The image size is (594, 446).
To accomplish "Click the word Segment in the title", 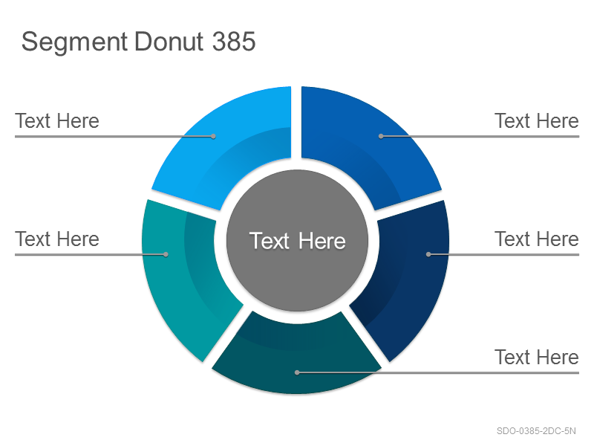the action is tap(74, 42).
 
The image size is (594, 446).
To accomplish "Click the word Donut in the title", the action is tap(169, 41).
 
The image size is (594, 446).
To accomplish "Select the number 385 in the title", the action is tap(234, 41).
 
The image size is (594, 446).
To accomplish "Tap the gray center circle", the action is tap(297, 240).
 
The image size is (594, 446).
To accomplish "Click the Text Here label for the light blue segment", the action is tap(57, 121).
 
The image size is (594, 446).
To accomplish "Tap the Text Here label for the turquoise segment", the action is tap(57, 239).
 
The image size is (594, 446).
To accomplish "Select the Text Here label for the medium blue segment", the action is tap(537, 121).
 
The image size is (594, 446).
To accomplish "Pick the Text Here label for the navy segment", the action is tap(537, 239).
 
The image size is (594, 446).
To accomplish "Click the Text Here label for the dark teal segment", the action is tap(537, 358).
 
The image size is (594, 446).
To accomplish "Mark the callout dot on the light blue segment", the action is tap(213, 136).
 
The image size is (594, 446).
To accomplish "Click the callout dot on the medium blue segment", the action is tap(381, 136).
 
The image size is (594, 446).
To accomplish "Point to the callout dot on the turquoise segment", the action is tap(166, 254).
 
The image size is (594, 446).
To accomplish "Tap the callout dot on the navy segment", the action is tap(428, 254).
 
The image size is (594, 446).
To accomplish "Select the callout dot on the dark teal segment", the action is tap(297, 373).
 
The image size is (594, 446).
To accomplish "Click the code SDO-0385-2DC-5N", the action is tap(536, 431).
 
